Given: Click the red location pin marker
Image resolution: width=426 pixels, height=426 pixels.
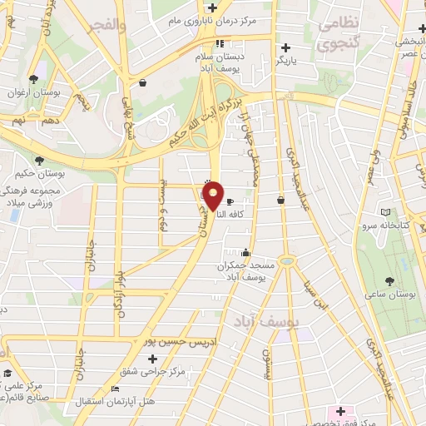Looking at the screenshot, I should pyautogui.click(x=214, y=196).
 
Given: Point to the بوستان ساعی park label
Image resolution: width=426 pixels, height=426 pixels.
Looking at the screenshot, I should pyautogui.click(x=391, y=295).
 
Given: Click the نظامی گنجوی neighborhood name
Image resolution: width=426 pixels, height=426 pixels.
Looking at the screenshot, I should pyautogui.click(x=337, y=32).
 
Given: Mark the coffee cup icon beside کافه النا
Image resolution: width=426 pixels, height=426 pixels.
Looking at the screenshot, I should pyautogui.click(x=230, y=201).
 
